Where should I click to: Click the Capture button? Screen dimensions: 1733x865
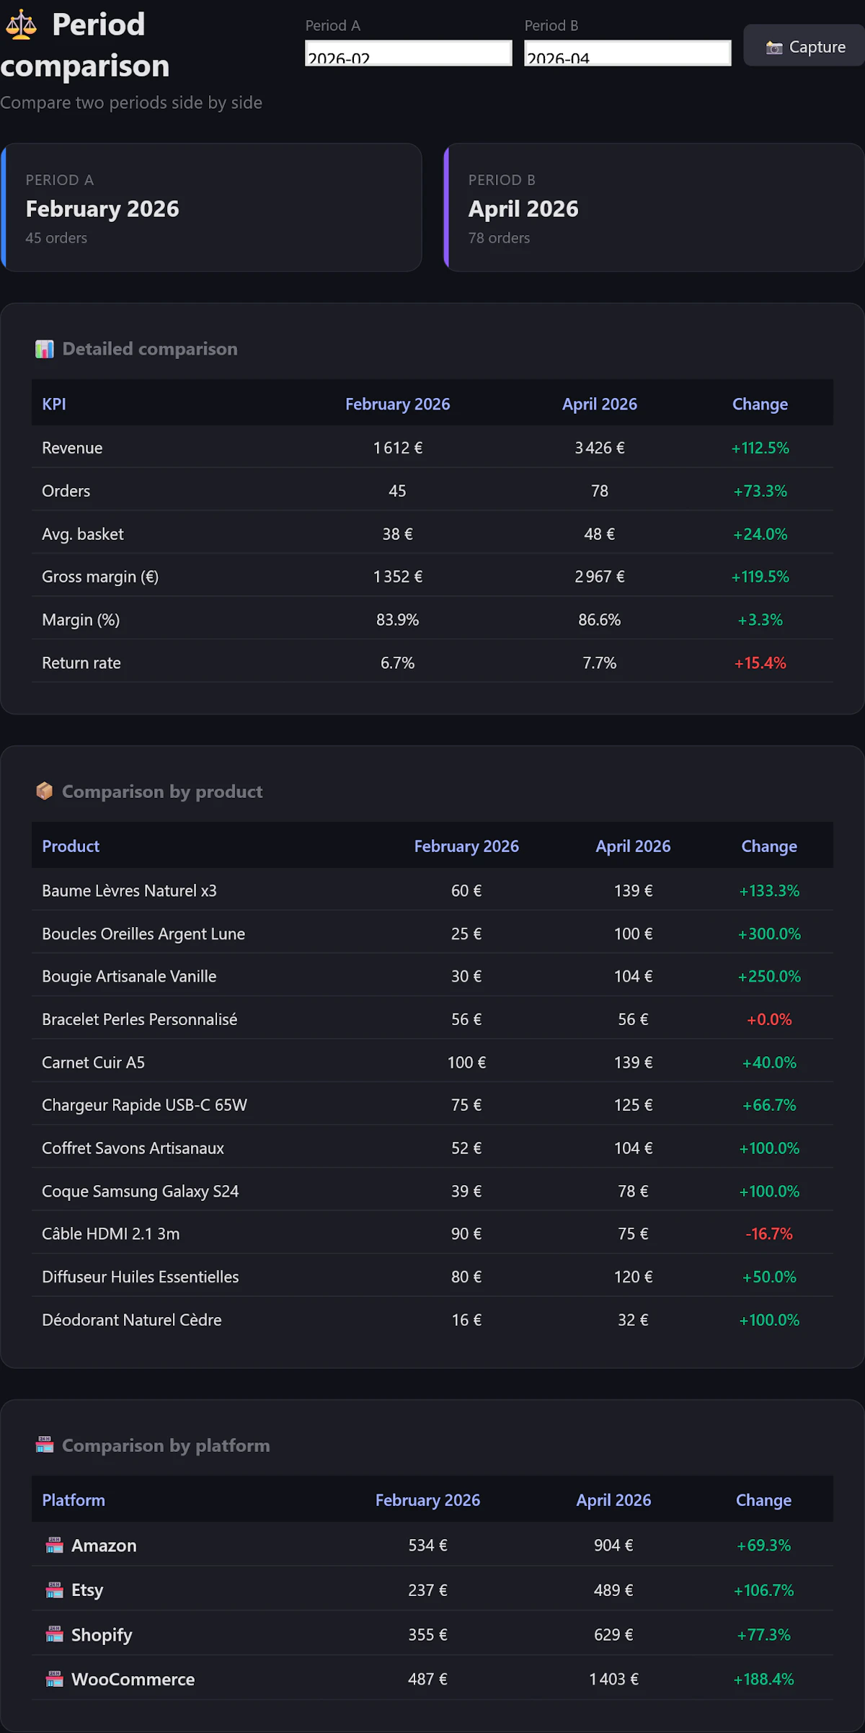(x=804, y=46)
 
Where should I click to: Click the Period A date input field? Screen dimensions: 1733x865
(x=408, y=53)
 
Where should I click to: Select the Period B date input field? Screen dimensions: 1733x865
(x=627, y=53)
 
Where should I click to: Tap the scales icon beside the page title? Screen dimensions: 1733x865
(x=21, y=25)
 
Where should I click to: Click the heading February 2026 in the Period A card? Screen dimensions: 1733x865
(x=102, y=209)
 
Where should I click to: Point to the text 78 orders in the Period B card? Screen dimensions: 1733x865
(x=499, y=238)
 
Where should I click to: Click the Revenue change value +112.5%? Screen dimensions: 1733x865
(x=760, y=448)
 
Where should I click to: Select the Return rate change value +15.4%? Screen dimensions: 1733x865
(x=760, y=662)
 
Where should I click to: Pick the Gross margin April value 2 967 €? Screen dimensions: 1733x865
(x=599, y=577)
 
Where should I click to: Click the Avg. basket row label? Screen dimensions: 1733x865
(x=83, y=534)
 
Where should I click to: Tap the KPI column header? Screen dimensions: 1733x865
(x=54, y=404)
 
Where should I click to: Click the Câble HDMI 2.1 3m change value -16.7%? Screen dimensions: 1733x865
(x=768, y=1233)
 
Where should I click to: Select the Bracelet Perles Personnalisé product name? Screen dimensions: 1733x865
(x=139, y=1019)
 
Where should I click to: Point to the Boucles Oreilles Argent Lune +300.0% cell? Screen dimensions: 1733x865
(x=768, y=934)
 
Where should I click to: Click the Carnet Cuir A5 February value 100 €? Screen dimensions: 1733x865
(x=466, y=1063)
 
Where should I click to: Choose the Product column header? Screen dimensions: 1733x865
(x=71, y=846)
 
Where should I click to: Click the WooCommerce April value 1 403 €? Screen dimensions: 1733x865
(x=613, y=1679)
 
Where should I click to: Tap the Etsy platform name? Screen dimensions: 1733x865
(x=87, y=1590)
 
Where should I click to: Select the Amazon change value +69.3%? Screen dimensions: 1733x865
(x=763, y=1545)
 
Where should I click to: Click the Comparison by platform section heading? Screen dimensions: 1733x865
(x=166, y=1445)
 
